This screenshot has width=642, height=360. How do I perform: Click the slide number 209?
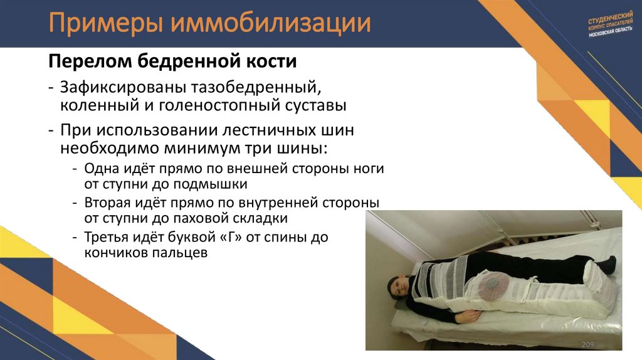[x=588, y=345]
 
